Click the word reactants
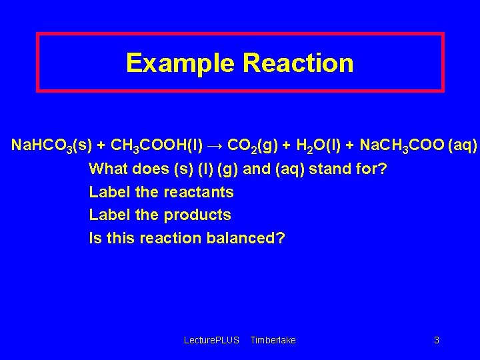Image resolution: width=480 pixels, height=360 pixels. (x=198, y=192)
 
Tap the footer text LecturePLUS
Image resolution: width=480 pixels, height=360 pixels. (x=211, y=341)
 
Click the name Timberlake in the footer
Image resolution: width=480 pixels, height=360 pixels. (x=273, y=341)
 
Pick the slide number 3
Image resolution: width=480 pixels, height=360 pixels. (x=437, y=341)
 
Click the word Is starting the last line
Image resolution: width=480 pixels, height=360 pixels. (x=95, y=238)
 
